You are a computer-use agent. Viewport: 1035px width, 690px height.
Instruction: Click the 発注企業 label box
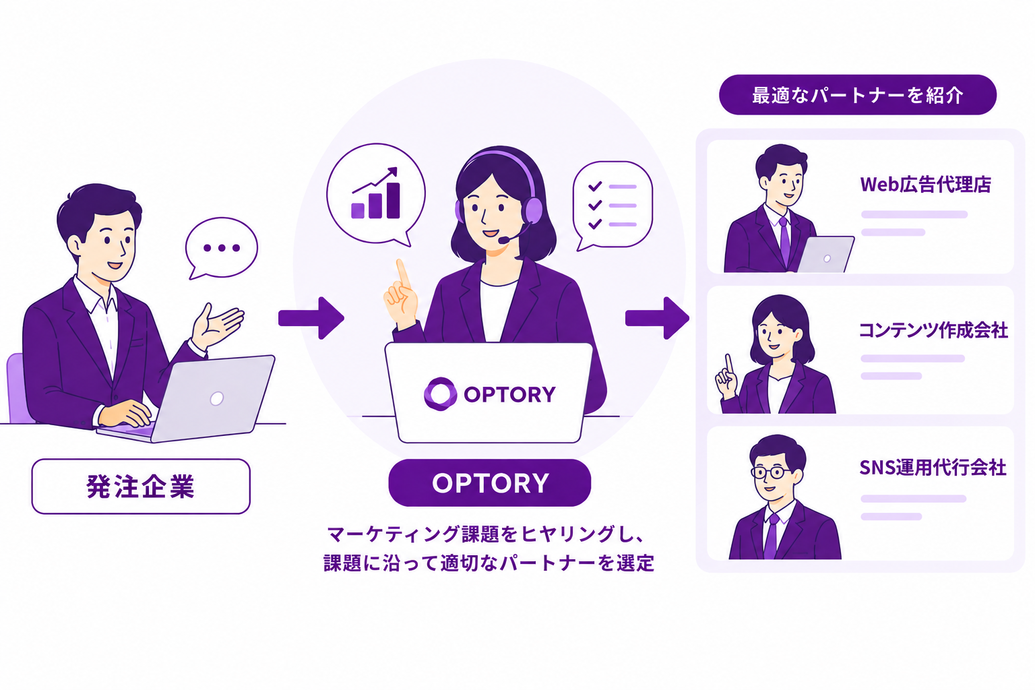[141, 487]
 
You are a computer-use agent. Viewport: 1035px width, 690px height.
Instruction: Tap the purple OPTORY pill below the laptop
[490, 482]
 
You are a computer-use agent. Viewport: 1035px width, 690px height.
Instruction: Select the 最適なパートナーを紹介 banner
[858, 95]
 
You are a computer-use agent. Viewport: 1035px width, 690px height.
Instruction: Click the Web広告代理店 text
[925, 185]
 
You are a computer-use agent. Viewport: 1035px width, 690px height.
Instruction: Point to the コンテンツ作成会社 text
[933, 330]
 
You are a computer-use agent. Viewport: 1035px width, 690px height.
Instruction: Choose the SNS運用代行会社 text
[933, 468]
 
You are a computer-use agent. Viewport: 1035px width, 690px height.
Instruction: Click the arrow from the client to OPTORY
[311, 318]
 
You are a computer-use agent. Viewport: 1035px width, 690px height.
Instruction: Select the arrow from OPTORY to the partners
[657, 318]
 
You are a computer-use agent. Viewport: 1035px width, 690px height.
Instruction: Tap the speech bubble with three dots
[221, 248]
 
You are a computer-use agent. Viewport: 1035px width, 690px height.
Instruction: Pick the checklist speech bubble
[613, 206]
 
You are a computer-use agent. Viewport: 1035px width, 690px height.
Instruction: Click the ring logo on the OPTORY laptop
[440, 394]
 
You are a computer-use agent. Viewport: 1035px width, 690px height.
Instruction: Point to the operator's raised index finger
[402, 274]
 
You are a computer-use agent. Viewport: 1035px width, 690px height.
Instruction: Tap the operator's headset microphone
[503, 239]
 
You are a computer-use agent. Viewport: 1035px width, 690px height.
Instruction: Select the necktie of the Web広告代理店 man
[784, 241]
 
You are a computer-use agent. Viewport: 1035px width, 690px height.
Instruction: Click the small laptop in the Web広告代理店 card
[825, 254]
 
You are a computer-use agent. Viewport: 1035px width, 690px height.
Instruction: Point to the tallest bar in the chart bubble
[394, 200]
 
